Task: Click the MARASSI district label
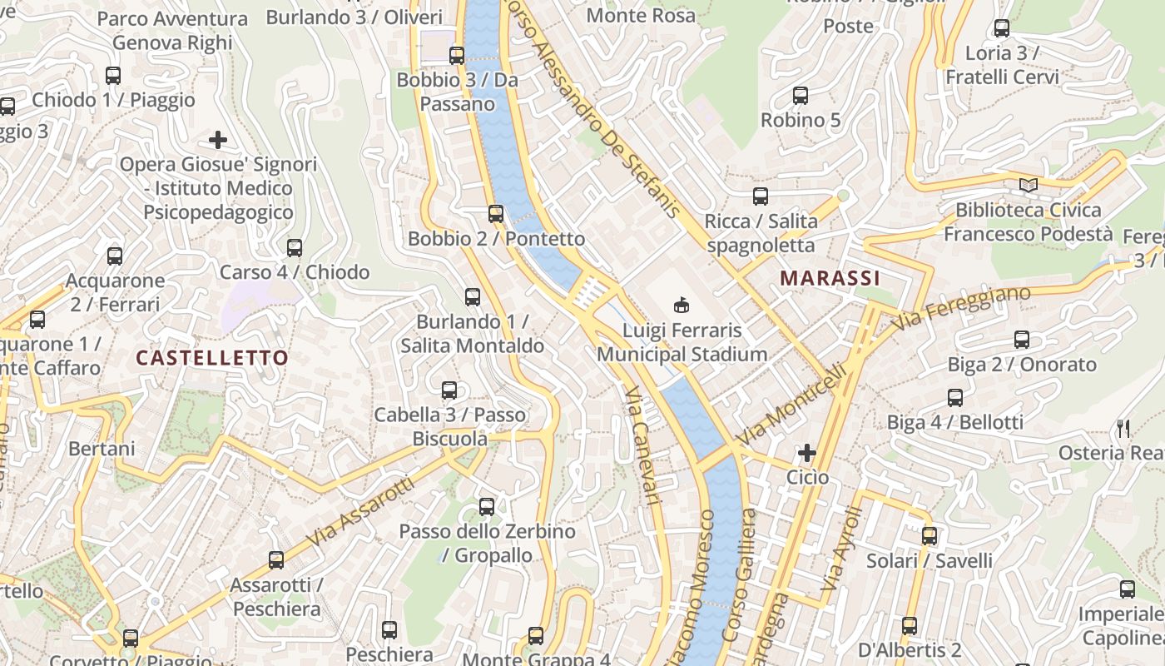830,278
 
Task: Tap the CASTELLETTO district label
212,359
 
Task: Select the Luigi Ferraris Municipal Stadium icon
682,305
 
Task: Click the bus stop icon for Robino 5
801,96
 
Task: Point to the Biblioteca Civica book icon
1029,185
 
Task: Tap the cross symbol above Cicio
806,453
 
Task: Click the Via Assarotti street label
359,511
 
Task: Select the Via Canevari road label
642,445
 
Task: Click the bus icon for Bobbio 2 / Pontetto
496,214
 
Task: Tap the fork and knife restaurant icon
1123,429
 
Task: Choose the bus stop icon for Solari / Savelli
930,536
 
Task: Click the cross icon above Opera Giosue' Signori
218,140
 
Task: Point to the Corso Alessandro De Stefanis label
594,108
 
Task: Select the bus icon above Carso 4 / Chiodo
295,248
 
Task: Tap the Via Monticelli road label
791,404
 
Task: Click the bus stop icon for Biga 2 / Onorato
1022,340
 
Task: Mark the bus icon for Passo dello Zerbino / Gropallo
487,506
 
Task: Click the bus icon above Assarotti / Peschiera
276,560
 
